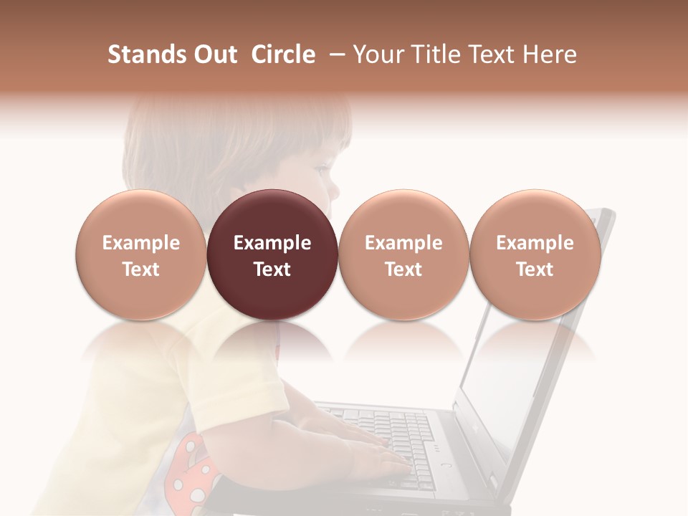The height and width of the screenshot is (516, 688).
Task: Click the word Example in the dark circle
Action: tap(272, 243)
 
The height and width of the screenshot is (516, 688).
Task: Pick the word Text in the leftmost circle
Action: tap(140, 269)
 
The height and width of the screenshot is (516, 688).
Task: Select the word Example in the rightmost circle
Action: tap(535, 243)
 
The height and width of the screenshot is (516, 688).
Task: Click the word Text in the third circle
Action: tap(403, 269)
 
